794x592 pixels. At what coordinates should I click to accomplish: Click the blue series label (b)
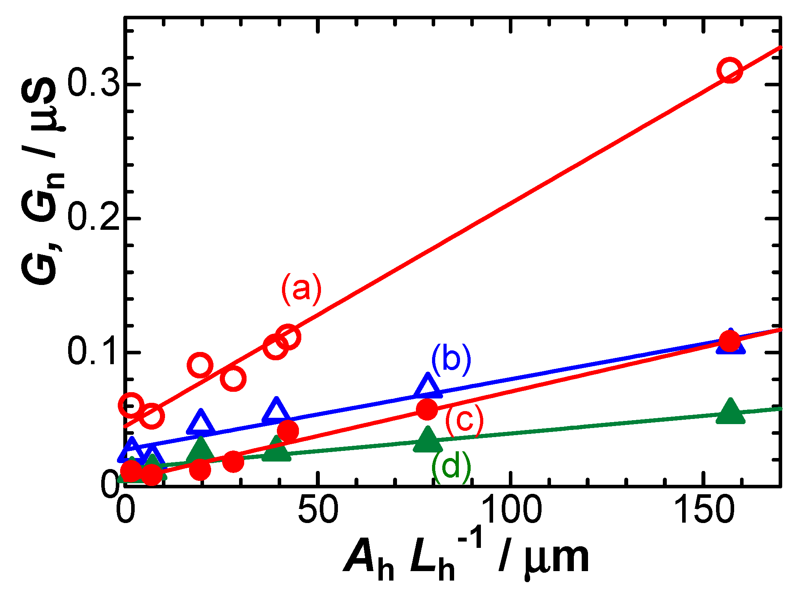point(451,359)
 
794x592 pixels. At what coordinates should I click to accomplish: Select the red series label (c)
point(465,420)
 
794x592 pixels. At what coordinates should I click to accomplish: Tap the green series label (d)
point(451,467)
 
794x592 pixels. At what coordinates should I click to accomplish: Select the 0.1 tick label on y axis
point(94,352)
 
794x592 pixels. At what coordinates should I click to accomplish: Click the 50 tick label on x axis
point(317,510)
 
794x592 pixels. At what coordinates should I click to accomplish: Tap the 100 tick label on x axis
point(511,510)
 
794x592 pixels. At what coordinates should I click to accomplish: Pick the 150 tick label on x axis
point(704,510)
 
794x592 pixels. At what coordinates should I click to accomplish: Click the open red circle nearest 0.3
point(730,70)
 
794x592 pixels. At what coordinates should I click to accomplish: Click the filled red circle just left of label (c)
point(427,410)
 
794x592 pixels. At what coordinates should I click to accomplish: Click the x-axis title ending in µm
point(467,560)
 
